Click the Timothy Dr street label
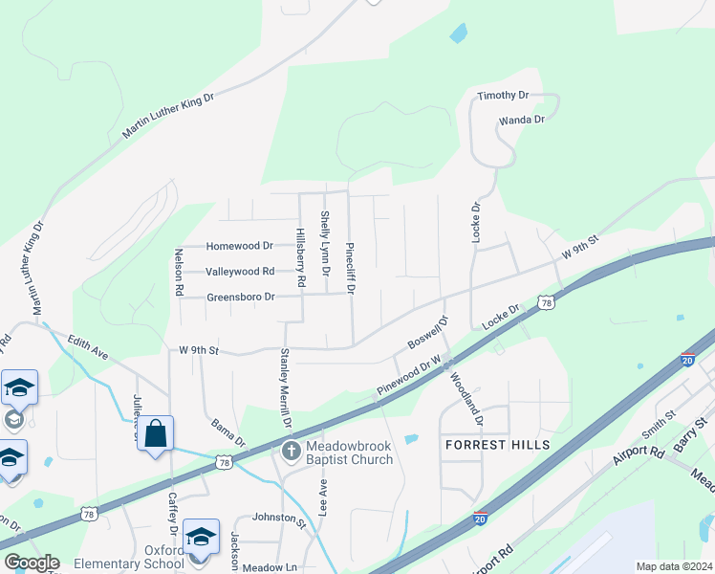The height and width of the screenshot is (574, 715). pyautogui.click(x=503, y=96)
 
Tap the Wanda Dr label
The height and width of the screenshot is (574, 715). pyautogui.click(x=521, y=120)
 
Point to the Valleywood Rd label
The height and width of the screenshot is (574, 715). pyautogui.click(x=240, y=272)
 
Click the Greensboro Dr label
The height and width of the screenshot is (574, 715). pyautogui.click(x=241, y=298)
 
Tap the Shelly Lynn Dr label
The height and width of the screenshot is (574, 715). pyautogui.click(x=325, y=244)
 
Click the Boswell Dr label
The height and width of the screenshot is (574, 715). pyautogui.click(x=427, y=332)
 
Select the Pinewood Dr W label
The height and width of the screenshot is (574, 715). pyautogui.click(x=407, y=377)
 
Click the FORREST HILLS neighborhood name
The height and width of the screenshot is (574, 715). pyautogui.click(x=497, y=445)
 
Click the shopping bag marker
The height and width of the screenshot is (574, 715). pyautogui.click(x=155, y=434)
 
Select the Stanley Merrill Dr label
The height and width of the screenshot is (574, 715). pyautogui.click(x=284, y=387)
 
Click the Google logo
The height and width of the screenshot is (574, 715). pyautogui.click(x=31, y=563)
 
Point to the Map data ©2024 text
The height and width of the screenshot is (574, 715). pyautogui.click(x=673, y=566)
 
